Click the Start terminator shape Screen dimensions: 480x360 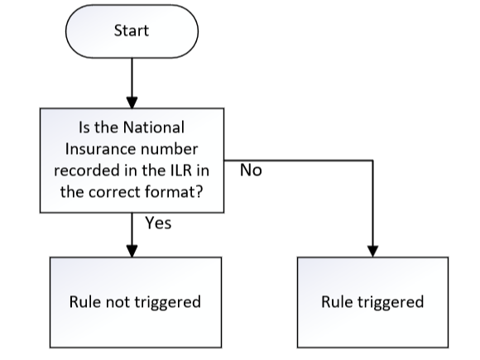pyautogui.click(x=132, y=31)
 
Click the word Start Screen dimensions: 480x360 pyautogui.click(x=132, y=31)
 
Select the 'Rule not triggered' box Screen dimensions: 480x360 pyautogui.click(x=136, y=302)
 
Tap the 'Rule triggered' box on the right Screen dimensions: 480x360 pyautogui.click(x=373, y=302)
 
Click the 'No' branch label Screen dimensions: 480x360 pyautogui.click(x=251, y=170)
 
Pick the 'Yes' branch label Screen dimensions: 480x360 pyautogui.click(x=158, y=223)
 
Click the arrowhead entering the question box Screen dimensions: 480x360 pyautogui.click(x=132, y=103)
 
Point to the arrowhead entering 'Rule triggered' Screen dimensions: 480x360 pyautogui.click(x=373, y=252)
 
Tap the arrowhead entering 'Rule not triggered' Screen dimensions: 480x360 pyautogui.click(x=132, y=252)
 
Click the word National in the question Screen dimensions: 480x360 pyautogui.click(x=154, y=127)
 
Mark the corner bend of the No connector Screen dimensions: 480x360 pyautogui.click(x=373, y=160)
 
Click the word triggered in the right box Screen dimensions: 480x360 pyautogui.click(x=391, y=303)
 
